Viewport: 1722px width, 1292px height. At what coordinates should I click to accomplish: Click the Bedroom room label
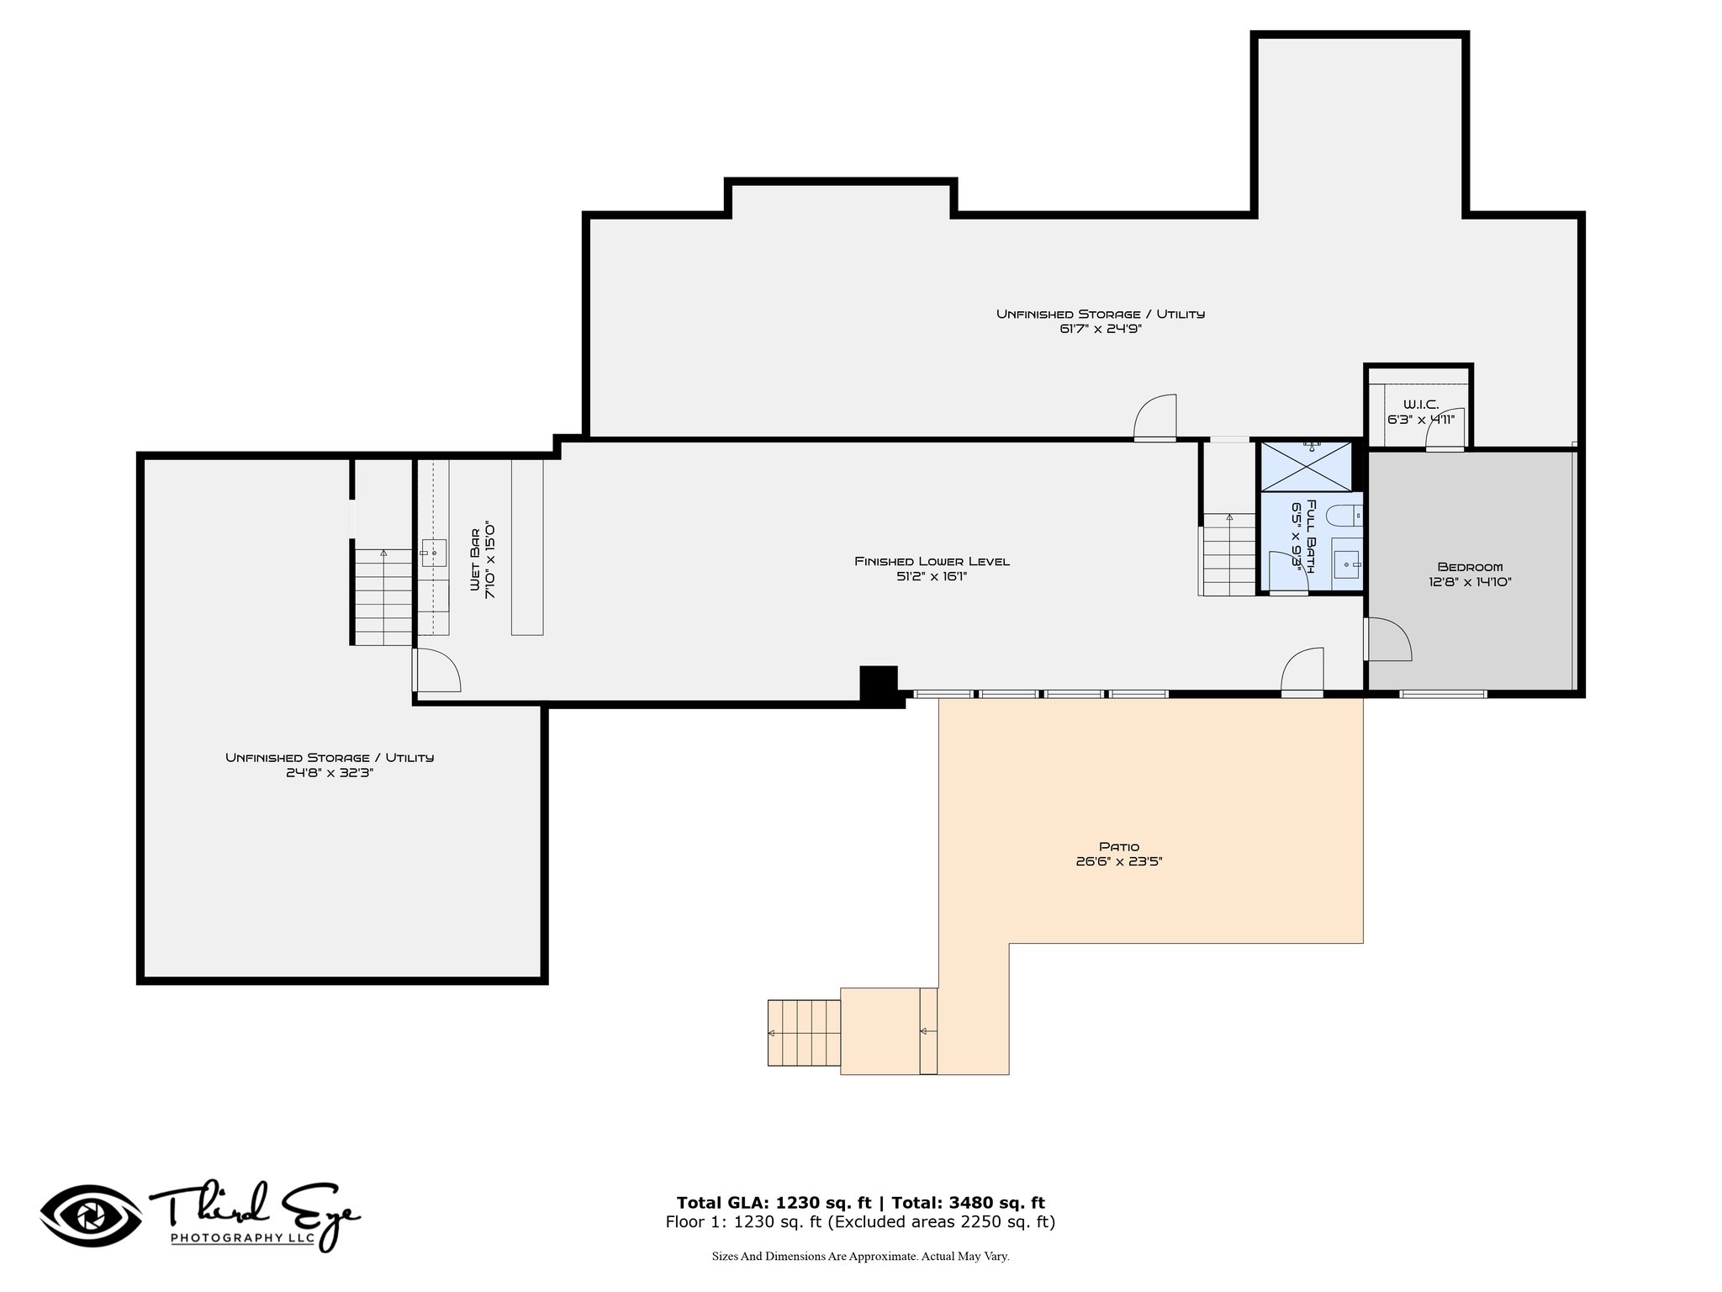1470,566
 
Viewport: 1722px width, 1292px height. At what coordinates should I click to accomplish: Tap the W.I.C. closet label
1420,405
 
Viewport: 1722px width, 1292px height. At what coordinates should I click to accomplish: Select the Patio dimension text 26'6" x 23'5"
1118,861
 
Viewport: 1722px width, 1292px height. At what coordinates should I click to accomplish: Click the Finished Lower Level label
932,561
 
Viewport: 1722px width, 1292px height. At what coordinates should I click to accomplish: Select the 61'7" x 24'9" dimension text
1100,329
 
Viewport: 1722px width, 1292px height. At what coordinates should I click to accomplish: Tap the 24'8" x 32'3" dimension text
330,772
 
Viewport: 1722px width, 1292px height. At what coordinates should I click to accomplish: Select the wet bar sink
434,553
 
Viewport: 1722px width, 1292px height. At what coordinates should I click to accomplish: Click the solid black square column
879,683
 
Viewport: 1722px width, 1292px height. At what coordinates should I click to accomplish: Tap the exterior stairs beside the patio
804,1033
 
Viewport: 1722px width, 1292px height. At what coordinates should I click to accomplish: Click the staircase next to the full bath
1228,554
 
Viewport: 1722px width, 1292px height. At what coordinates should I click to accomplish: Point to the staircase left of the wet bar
383,596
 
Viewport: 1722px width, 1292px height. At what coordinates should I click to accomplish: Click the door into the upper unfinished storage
1154,418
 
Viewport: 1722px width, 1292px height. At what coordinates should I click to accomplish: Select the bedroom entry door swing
1388,639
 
